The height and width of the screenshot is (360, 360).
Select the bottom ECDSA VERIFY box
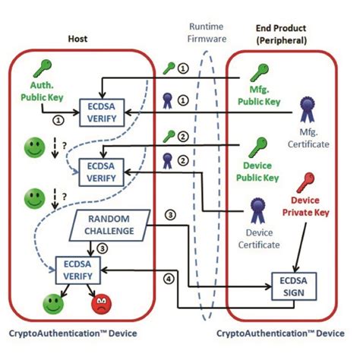[78, 271]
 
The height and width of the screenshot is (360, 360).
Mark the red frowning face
[102, 306]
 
